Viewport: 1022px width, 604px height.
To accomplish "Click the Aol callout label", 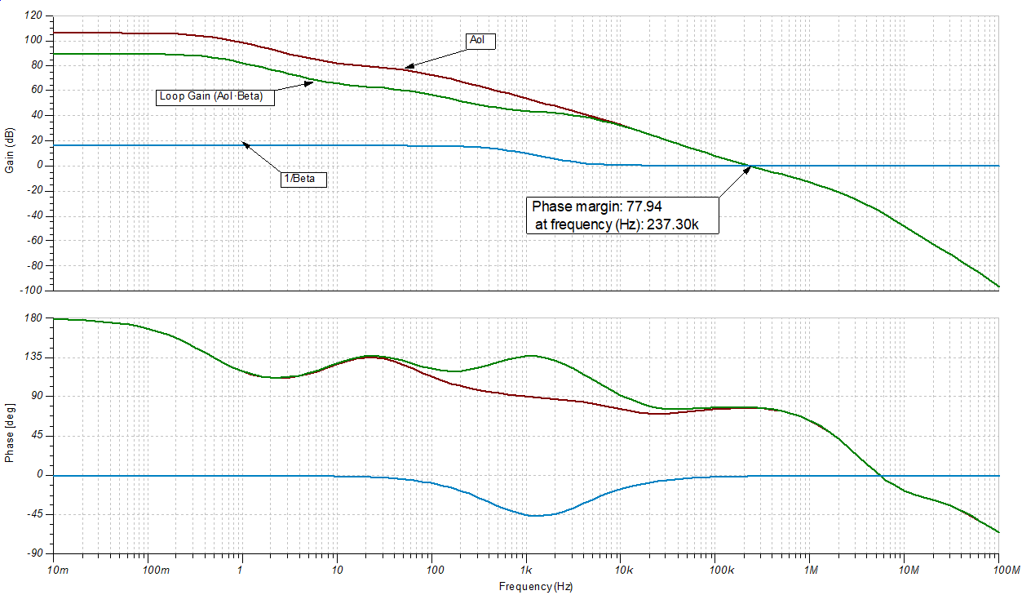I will [x=480, y=40].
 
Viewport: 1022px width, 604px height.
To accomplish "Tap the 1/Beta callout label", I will [x=303, y=179].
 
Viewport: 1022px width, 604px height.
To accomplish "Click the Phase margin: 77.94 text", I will [x=597, y=206].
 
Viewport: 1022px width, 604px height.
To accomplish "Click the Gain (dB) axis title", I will [x=9, y=152].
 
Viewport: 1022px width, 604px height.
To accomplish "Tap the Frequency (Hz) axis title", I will [x=533, y=586].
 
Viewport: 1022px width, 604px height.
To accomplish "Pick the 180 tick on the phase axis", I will [x=33, y=318].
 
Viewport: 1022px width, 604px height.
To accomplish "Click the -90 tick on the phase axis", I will [x=33, y=553].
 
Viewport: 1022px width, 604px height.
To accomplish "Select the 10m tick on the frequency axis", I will [x=58, y=568].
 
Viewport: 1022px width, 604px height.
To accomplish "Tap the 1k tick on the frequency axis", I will [x=527, y=568].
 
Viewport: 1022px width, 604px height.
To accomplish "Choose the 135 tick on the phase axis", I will [x=33, y=358].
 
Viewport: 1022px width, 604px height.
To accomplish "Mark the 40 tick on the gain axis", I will [x=36, y=116].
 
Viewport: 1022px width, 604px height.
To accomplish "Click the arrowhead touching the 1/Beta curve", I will [x=245, y=145].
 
